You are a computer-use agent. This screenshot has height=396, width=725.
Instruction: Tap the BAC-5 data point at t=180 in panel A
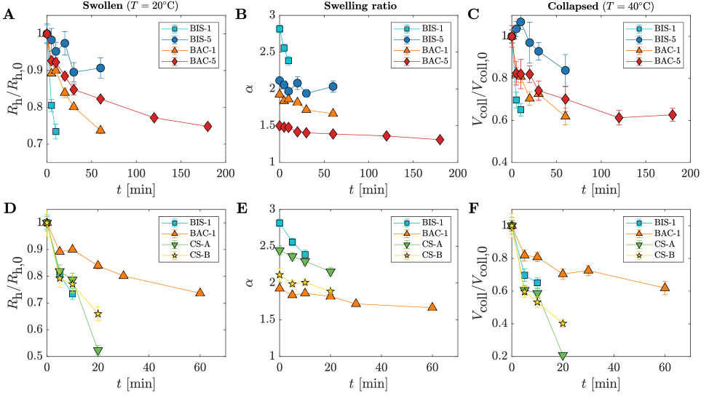tap(207, 126)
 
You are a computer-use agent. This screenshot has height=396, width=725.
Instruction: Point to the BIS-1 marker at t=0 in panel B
tap(280, 29)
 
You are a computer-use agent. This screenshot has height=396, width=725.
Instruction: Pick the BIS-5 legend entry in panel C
tap(656, 39)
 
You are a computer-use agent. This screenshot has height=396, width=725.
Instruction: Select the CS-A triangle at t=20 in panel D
tap(98, 351)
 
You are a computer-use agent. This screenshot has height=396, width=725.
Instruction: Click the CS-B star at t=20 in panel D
tap(98, 314)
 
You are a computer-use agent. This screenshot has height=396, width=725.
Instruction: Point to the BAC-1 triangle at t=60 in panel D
tap(199, 293)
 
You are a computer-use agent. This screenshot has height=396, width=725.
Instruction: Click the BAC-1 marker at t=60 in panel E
tap(432, 307)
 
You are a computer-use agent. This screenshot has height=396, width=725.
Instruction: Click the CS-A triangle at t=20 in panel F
tap(563, 356)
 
